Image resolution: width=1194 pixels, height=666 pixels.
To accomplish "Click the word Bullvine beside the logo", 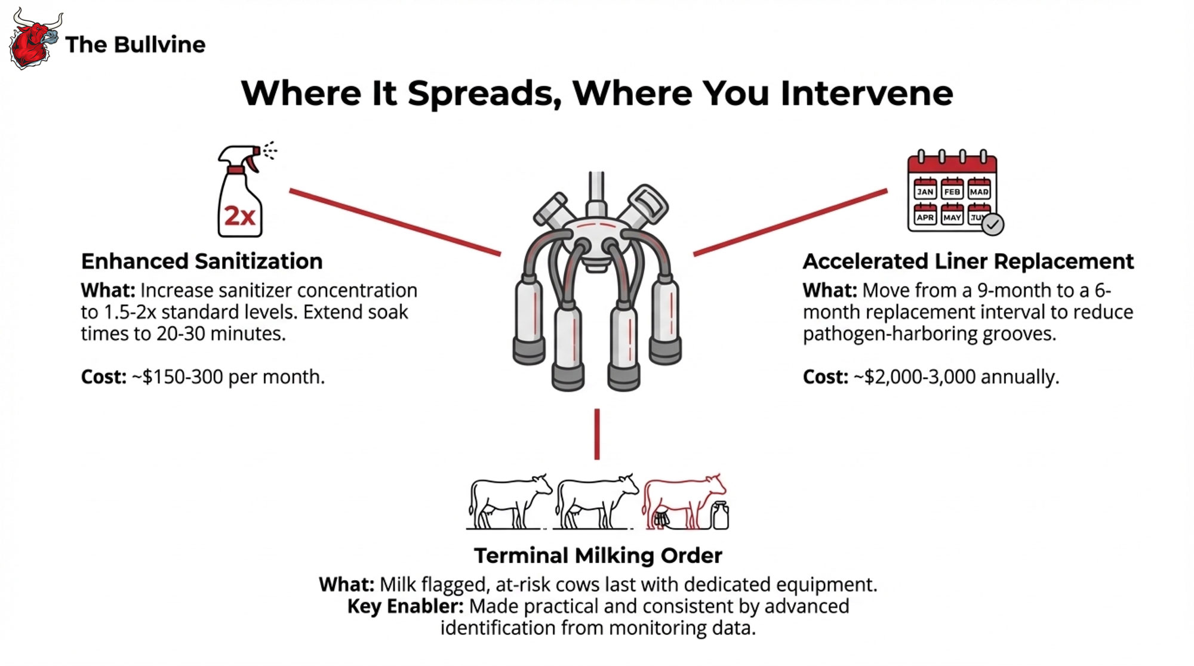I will click(x=159, y=45).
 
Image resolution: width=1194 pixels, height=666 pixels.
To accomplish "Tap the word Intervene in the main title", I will click(x=866, y=94).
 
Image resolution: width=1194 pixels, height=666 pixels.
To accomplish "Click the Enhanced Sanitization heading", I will click(x=202, y=261).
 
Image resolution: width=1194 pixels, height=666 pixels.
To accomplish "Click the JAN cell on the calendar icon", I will click(x=925, y=191).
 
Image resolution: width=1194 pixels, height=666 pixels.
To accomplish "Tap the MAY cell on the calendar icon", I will click(x=952, y=217).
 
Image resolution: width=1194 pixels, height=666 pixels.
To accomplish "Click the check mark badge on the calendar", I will click(x=993, y=224).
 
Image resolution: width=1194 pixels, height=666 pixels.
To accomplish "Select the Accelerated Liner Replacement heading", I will click(x=968, y=261).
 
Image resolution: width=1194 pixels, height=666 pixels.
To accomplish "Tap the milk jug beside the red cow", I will click(x=721, y=516).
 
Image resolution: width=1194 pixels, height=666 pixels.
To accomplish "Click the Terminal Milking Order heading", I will click(x=598, y=556).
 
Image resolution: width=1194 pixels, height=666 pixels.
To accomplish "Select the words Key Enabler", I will click(x=405, y=606).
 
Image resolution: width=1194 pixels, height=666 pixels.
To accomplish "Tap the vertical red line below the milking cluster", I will click(x=597, y=434).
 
